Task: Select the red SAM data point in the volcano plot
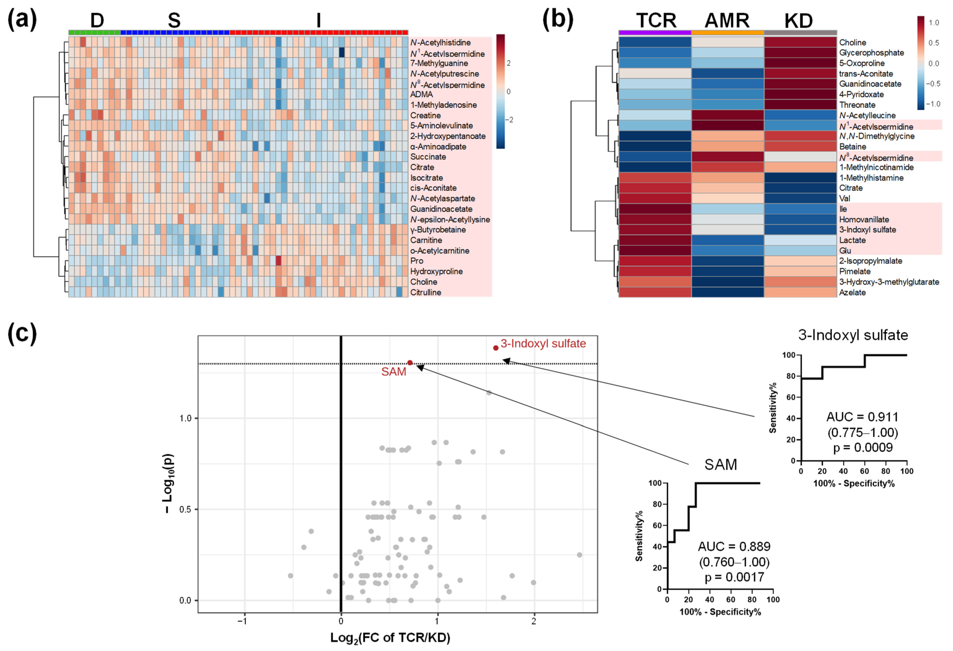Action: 410,363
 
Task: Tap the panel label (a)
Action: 22,20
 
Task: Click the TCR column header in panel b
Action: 656,21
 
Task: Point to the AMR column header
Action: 727,21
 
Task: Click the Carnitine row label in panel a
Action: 426,240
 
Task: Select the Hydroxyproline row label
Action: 436,271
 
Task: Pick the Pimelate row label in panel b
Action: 855,271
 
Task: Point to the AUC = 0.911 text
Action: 862,417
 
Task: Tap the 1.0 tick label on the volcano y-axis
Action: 185,418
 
